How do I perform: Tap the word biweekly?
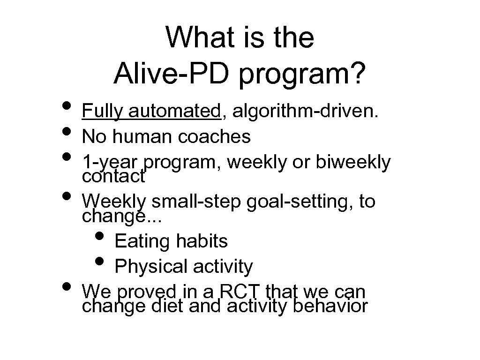[353, 162]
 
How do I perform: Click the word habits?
[202, 241]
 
